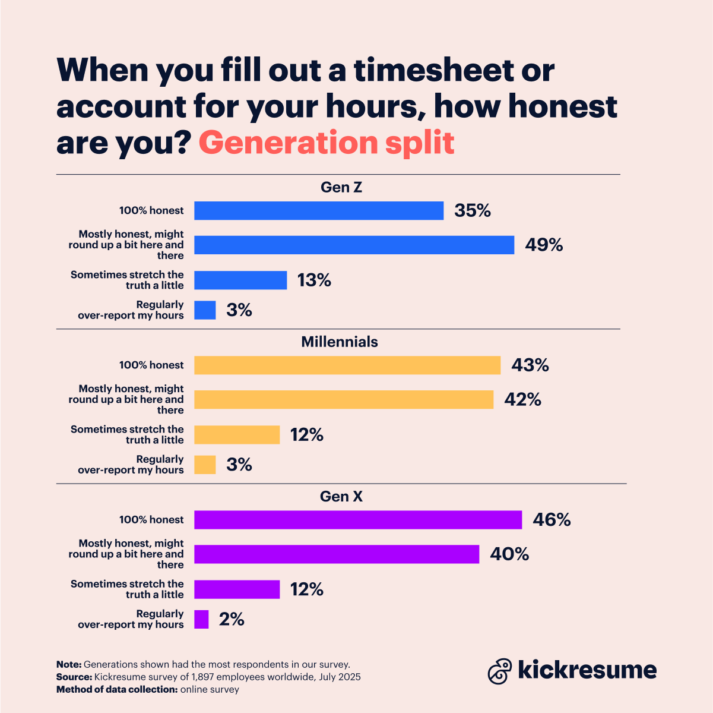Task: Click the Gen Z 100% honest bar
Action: [x=319, y=211]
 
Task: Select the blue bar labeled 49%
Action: [x=354, y=245]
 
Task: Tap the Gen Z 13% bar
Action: [x=240, y=280]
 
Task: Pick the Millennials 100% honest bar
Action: [x=347, y=365]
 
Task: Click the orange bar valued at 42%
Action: [x=344, y=400]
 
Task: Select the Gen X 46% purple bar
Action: [x=358, y=520]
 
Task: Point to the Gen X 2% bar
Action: [x=201, y=620]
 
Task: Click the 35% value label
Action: [x=473, y=211]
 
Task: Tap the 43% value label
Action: [x=530, y=365]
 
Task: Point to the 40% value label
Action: [x=509, y=554]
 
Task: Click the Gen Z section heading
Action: [x=341, y=188]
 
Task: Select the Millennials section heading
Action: [x=340, y=342]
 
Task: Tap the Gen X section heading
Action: [x=341, y=497]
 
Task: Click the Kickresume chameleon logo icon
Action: [x=499, y=671]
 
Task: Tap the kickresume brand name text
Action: [x=587, y=670]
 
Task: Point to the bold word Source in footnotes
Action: [x=72, y=677]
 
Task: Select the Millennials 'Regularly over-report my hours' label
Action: [x=131, y=465]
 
